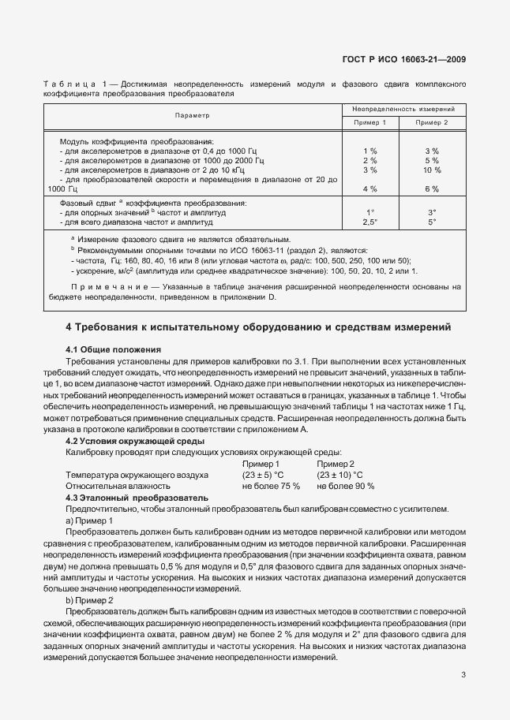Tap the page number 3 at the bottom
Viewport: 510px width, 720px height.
pyautogui.click(x=463, y=673)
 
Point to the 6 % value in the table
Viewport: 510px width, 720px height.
pyautogui.click(x=432, y=189)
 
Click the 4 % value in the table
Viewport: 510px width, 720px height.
pyautogui.click(x=369, y=189)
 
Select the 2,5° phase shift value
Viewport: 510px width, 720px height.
pyautogui.click(x=369, y=222)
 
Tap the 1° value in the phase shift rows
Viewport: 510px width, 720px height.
pyautogui.click(x=369, y=212)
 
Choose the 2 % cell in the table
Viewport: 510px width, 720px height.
pyautogui.click(x=369, y=160)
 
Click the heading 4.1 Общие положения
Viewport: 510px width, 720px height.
pyautogui.click(x=113, y=349)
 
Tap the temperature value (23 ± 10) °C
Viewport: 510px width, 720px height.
pyautogui.click(x=340, y=476)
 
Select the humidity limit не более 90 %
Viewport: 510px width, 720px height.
pyautogui.click(x=346, y=487)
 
